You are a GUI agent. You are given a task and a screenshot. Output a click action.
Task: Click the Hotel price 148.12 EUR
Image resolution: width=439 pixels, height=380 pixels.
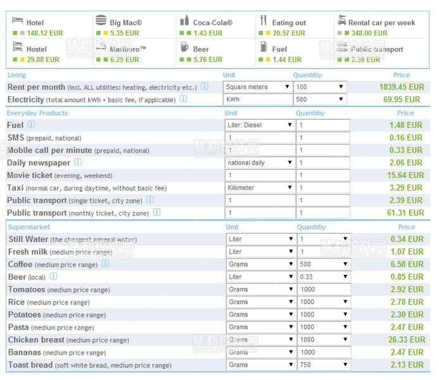[x=43, y=33]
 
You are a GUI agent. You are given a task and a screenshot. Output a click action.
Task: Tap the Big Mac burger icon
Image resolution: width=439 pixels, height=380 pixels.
[x=101, y=21]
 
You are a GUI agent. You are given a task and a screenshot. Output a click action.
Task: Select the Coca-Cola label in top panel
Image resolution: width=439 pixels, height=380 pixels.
[x=213, y=23]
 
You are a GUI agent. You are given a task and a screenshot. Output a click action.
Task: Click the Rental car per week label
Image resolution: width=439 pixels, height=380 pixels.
[x=381, y=23]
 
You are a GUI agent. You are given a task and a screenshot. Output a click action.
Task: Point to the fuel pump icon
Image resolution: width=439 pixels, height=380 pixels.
[x=263, y=47]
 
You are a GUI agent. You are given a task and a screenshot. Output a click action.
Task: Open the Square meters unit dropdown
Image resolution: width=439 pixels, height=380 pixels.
[x=257, y=87]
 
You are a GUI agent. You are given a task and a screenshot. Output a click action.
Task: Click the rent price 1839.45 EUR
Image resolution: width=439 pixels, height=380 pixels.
[x=402, y=87]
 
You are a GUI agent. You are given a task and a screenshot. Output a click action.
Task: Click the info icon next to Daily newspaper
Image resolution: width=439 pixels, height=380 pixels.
[x=78, y=163]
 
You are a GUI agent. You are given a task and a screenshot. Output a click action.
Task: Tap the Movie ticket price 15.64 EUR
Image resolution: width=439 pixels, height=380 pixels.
[x=405, y=175]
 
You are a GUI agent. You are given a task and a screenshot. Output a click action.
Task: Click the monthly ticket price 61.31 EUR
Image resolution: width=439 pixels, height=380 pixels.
[x=405, y=213]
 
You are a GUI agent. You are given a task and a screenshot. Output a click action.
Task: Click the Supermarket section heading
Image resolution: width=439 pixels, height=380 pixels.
[x=28, y=227]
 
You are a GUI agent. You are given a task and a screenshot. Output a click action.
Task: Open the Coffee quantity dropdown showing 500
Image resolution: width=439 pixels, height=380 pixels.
[x=323, y=264]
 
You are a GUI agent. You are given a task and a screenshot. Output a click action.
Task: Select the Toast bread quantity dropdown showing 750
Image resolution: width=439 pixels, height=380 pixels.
[x=323, y=365]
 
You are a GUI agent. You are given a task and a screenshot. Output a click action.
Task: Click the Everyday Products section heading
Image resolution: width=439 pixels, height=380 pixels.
[x=37, y=113]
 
